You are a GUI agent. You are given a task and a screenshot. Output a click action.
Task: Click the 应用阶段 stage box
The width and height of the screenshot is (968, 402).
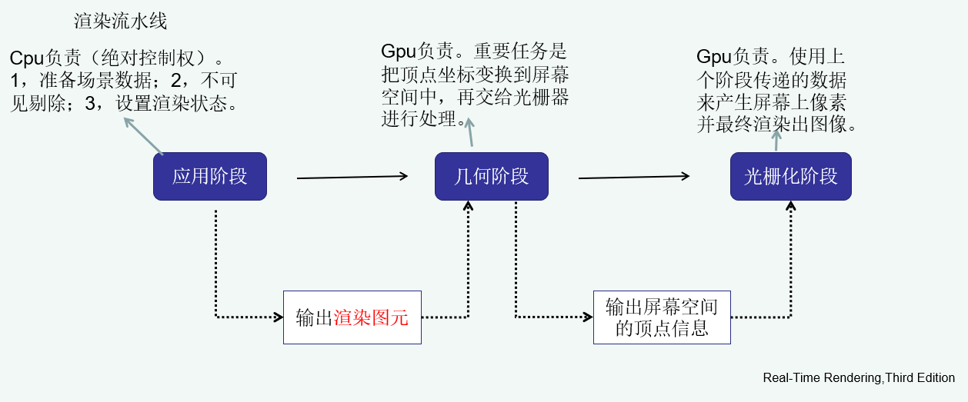click(209, 177)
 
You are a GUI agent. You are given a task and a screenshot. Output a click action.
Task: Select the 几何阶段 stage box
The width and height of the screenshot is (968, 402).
click(492, 177)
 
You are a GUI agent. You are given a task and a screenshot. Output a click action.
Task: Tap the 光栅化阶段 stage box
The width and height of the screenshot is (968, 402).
click(790, 177)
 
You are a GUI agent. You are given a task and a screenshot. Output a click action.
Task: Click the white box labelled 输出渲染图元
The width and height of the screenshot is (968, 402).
click(352, 317)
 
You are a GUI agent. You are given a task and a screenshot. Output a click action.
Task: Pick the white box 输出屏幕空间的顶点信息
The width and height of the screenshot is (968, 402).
click(661, 317)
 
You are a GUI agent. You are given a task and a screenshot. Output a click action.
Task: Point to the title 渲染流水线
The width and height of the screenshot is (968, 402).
click(120, 21)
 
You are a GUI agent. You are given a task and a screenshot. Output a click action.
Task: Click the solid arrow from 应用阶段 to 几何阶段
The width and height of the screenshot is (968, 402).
click(352, 178)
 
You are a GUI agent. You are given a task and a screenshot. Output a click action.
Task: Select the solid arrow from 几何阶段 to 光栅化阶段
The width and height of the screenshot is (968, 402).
click(633, 177)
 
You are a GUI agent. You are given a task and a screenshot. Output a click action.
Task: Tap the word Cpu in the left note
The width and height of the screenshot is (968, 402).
click(28, 58)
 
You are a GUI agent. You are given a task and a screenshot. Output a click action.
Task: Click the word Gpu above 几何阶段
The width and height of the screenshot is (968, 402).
click(399, 52)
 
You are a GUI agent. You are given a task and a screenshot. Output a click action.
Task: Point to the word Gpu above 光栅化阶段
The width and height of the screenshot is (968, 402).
click(713, 57)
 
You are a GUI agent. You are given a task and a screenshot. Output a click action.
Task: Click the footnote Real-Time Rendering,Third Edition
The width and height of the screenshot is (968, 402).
click(859, 378)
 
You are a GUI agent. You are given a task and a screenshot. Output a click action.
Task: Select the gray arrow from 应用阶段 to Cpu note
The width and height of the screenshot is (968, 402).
click(143, 136)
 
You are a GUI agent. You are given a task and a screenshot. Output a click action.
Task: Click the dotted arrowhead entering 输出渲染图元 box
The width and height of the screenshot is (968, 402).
click(278, 316)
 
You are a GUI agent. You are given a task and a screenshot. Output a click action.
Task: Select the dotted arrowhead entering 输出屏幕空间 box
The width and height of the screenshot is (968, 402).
click(588, 316)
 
